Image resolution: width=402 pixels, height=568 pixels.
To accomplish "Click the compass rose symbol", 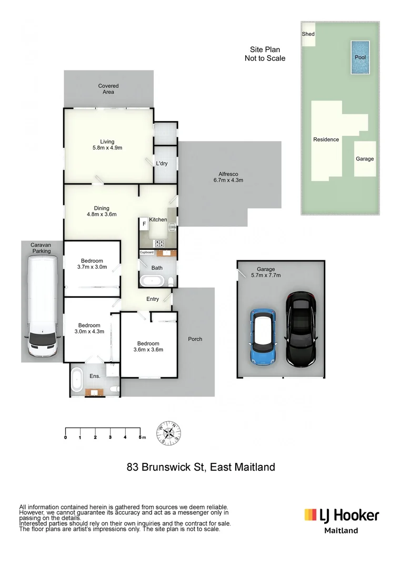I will pyautogui.click(x=169, y=433).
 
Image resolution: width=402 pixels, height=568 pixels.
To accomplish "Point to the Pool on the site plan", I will pyautogui.click(x=360, y=57).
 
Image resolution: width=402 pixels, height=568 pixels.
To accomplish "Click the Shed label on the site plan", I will pyautogui.click(x=308, y=34).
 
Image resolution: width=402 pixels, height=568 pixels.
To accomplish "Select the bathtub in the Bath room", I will pyautogui.click(x=153, y=280).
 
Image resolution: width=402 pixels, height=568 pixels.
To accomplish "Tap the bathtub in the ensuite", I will pyautogui.click(x=77, y=380).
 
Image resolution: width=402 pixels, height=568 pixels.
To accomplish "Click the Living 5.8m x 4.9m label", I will pyautogui.click(x=107, y=145).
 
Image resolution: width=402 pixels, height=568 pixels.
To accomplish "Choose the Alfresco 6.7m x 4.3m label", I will pyautogui.click(x=229, y=177).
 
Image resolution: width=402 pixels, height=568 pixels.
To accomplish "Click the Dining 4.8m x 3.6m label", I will pyautogui.click(x=101, y=211).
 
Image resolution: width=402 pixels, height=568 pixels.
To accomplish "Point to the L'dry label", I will pyautogui.click(x=162, y=164).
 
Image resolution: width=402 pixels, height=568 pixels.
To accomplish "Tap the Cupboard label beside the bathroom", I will pyautogui.click(x=146, y=252).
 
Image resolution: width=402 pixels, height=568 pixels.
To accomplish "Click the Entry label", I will pyautogui.click(x=153, y=299).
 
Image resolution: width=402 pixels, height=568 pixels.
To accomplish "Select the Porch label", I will pyautogui.click(x=195, y=339).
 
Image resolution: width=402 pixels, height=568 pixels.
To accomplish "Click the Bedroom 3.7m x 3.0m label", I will pyautogui.click(x=92, y=264).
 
